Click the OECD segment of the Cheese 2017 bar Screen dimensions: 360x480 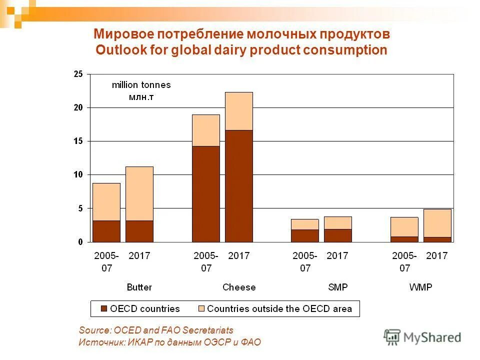tap(238, 186)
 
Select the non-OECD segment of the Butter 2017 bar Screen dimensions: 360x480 tap(139, 193)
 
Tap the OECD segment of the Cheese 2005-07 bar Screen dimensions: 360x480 tap(206, 194)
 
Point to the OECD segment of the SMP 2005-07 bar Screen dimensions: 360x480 tap(305, 235)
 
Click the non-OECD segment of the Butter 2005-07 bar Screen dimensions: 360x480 tap(106, 202)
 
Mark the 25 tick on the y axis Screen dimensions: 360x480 tap(78, 74)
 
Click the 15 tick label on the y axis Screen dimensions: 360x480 tap(78, 141)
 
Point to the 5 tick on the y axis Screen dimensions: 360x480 tap(80, 208)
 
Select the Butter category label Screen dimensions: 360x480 tap(139, 287)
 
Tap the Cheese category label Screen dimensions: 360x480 tap(238, 287)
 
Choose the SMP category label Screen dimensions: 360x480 tap(337, 287)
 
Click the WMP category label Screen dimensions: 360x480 tap(420, 287)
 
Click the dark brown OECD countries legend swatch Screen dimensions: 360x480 tap(104, 309)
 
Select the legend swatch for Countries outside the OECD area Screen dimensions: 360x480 tap(201, 309)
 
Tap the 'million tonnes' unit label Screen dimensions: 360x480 tap(141, 85)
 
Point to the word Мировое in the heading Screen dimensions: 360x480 tap(123, 34)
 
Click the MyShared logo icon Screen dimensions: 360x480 tap(392, 337)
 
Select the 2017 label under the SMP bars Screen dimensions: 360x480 tap(337, 256)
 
